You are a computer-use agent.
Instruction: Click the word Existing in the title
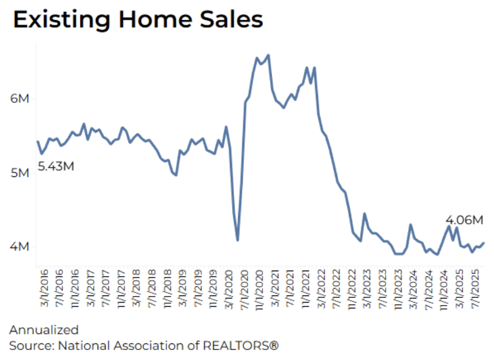pos(58,20)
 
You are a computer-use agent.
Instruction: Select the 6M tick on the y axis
pos(20,98)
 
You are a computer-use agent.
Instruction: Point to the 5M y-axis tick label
pos(20,173)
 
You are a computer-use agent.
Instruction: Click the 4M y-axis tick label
pos(20,246)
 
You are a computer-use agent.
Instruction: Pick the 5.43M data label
pos(56,166)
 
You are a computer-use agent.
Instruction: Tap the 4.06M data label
pos(464,220)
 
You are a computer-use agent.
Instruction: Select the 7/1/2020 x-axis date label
pos(242,290)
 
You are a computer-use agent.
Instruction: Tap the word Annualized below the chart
pos(44,329)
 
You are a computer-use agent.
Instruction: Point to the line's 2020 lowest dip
pos(238,240)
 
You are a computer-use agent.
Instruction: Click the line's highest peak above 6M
pos(268,55)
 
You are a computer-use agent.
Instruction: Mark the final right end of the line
pos(484,242)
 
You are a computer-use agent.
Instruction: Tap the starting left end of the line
pos(38,142)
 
